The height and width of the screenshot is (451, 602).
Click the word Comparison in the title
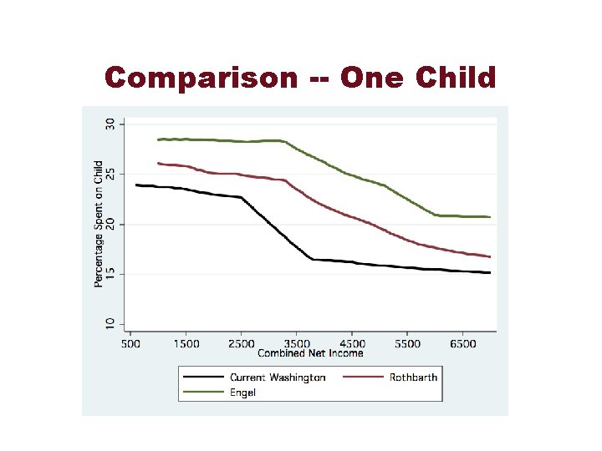pyautogui.click(x=201, y=78)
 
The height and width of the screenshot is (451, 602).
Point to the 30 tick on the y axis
pyautogui.click(x=110, y=124)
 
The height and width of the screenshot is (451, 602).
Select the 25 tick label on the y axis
pyautogui.click(x=110, y=174)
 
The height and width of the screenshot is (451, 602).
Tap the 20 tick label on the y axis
pyautogui.click(x=110, y=224)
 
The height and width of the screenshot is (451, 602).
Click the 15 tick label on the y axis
pyautogui.click(x=110, y=274)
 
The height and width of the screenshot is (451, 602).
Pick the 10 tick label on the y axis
pyautogui.click(x=110, y=324)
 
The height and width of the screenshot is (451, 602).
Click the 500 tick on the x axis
pyautogui.click(x=131, y=343)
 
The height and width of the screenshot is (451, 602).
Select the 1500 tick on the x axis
pyautogui.click(x=186, y=343)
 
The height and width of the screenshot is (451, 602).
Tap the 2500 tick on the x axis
pyautogui.click(x=241, y=343)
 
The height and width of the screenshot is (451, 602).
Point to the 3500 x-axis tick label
pyautogui.click(x=296, y=343)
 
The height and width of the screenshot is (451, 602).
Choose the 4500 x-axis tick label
pyautogui.click(x=352, y=343)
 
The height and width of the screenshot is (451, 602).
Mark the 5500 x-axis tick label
pyautogui.click(x=407, y=343)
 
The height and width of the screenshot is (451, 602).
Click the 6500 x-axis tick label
pyautogui.click(x=462, y=343)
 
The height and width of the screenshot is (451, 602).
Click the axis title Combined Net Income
pyautogui.click(x=311, y=353)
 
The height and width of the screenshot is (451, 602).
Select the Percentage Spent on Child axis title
pyautogui.click(x=99, y=224)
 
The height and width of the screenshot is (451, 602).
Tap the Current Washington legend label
pyautogui.click(x=278, y=378)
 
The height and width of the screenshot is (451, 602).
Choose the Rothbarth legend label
pyautogui.click(x=413, y=378)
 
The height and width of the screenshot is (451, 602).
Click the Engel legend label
pyautogui.click(x=243, y=391)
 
